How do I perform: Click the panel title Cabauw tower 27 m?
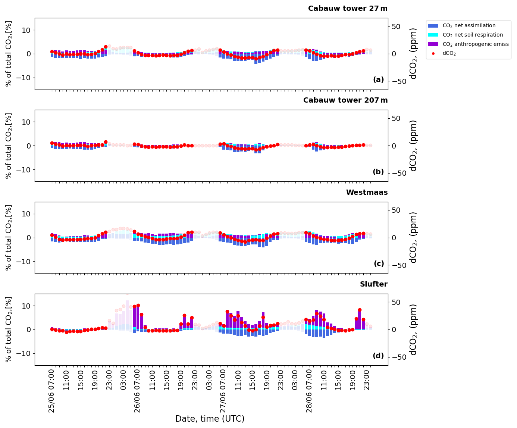click(x=348, y=9)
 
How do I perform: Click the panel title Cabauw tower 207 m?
click(x=345, y=100)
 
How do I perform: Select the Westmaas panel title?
click(x=367, y=193)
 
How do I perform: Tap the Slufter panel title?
click(x=373, y=284)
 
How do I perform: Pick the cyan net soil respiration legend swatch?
click(x=433, y=35)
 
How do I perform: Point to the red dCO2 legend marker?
click(x=433, y=54)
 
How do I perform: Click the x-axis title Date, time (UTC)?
click(x=210, y=419)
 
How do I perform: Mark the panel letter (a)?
click(x=378, y=80)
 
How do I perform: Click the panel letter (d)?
click(x=378, y=356)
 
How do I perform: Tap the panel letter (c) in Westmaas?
click(x=379, y=264)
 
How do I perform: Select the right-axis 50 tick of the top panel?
click(x=395, y=26)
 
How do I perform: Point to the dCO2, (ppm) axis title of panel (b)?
click(x=413, y=146)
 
